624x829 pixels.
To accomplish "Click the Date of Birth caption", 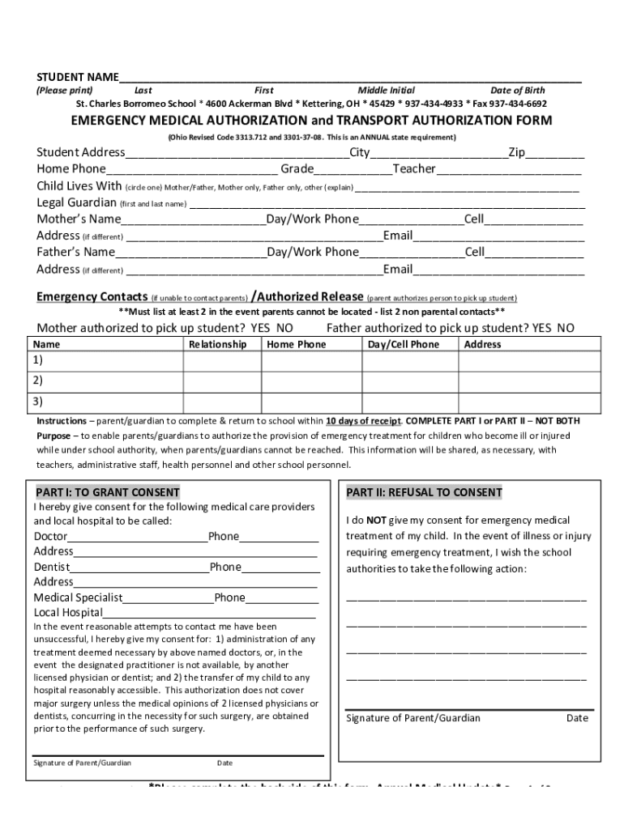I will click(x=517, y=91).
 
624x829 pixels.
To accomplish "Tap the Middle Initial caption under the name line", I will click(x=386, y=91).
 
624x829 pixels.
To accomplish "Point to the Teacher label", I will click(x=414, y=169).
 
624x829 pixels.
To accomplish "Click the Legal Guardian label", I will click(x=77, y=202).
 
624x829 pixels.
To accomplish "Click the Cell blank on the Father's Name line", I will click(x=534, y=253).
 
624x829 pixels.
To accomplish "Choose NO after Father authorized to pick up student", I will click(x=565, y=328).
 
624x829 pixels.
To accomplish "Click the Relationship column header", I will click(x=217, y=345).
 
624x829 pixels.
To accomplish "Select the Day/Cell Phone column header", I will click(x=403, y=345).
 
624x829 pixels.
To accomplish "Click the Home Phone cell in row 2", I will click(x=311, y=380).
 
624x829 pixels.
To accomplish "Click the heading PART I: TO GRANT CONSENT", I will click(x=107, y=492).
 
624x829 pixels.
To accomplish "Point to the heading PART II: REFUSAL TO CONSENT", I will click(x=424, y=492).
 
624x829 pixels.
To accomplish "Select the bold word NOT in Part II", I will click(x=376, y=521).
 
